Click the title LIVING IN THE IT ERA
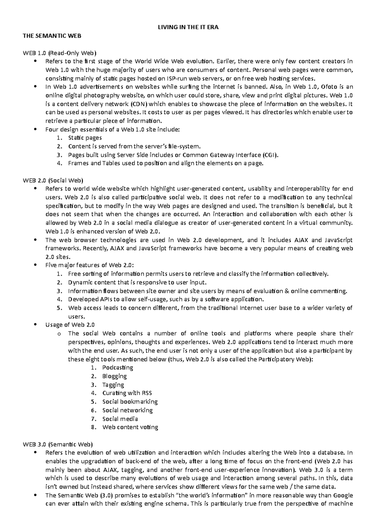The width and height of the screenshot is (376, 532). pos(188,27)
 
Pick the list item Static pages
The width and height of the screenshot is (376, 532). pos(85,138)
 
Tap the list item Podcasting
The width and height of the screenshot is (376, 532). pos(118,368)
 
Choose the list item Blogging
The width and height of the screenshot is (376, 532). pos(114,376)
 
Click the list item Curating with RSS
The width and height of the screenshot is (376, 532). pos(127,393)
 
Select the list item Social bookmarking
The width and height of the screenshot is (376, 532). pos(130,402)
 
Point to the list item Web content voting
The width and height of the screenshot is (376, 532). pos(130,427)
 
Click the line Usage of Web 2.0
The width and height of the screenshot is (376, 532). pos(70,325)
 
